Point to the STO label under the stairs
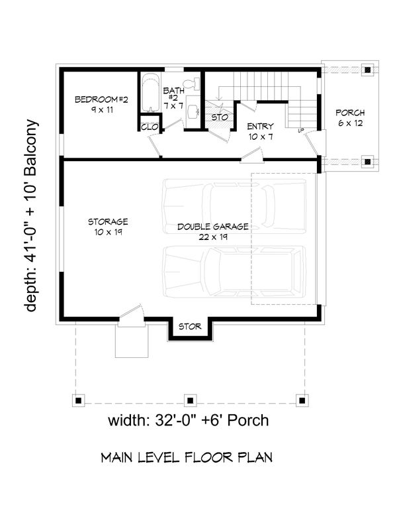219,117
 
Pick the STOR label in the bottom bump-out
190,327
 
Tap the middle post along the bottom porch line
190,400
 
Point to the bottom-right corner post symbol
302,400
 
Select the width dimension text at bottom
188,421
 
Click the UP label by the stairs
300,131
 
